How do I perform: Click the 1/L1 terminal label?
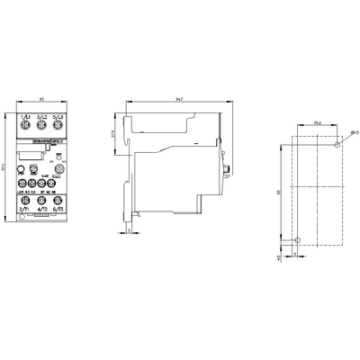(x=24, y=117)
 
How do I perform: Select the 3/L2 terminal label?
(x=42, y=117)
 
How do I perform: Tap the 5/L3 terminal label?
(x=59, y=117)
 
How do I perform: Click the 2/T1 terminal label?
(x=24, y=209)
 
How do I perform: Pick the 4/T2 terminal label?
(x=42, y=209)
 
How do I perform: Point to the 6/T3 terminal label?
(x=59, y=209)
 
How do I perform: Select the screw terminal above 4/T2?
(x=42, y=198)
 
